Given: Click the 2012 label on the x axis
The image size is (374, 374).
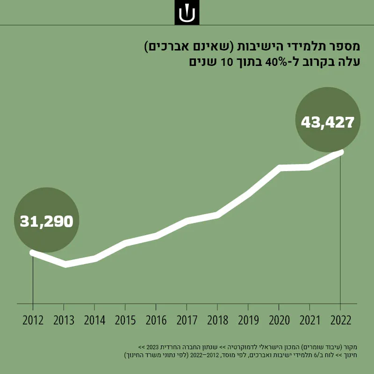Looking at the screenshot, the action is [33, 320].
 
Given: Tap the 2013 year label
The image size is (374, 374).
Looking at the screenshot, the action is [64, 320].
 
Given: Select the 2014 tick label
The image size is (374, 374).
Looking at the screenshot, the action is [94, 320].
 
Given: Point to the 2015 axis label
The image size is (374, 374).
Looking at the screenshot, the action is [125, 320].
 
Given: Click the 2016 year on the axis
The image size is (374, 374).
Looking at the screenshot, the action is [156, 320].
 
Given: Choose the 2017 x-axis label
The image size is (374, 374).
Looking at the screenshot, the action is [187, 320].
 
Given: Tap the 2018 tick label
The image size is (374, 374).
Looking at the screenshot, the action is [217, 320].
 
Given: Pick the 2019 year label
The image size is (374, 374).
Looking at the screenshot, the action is [248, 320].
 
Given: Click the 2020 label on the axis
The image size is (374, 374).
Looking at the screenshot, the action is [279, 320].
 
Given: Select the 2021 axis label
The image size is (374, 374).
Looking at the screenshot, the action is [309, 320].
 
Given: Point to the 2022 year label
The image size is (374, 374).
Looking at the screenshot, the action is [341, 320].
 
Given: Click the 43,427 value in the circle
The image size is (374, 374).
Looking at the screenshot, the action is [328, 122].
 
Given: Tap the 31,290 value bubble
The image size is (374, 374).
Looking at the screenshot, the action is [46, 221].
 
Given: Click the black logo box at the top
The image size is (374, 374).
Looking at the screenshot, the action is [187, 13].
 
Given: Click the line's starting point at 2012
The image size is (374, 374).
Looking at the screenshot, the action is [33, 252].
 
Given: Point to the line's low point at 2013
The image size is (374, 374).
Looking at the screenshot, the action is [65, 264].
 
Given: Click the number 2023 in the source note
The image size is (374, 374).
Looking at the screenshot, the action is [152, 347].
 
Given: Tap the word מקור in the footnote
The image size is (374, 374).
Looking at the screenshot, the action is [352, 347].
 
